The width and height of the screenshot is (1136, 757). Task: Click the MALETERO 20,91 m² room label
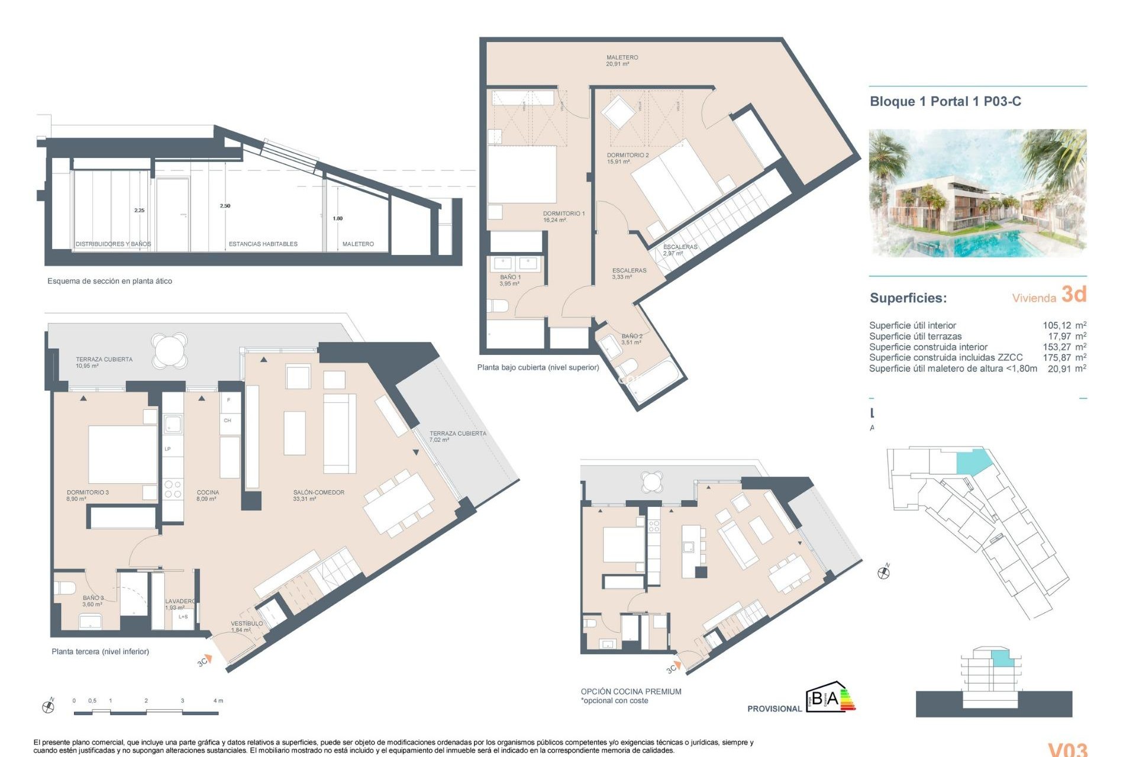(621, 61)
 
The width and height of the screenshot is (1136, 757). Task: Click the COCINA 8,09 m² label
(208, 495)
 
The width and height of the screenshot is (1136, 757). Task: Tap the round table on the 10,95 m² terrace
(169, 350)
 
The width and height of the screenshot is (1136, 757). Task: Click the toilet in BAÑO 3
(64, 588)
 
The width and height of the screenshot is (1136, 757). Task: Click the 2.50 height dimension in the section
(225, 206)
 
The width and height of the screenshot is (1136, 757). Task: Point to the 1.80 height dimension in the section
(337, 218)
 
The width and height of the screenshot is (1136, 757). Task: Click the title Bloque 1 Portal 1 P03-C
(945, 101)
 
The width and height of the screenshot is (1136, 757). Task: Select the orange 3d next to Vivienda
(1073, 294)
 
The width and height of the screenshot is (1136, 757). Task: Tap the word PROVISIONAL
(774, 709)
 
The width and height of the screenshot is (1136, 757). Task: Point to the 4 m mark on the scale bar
(218, 701)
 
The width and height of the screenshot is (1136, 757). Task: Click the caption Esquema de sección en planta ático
(109, 281)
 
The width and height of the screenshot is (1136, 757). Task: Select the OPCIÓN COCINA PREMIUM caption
(631, 691)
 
